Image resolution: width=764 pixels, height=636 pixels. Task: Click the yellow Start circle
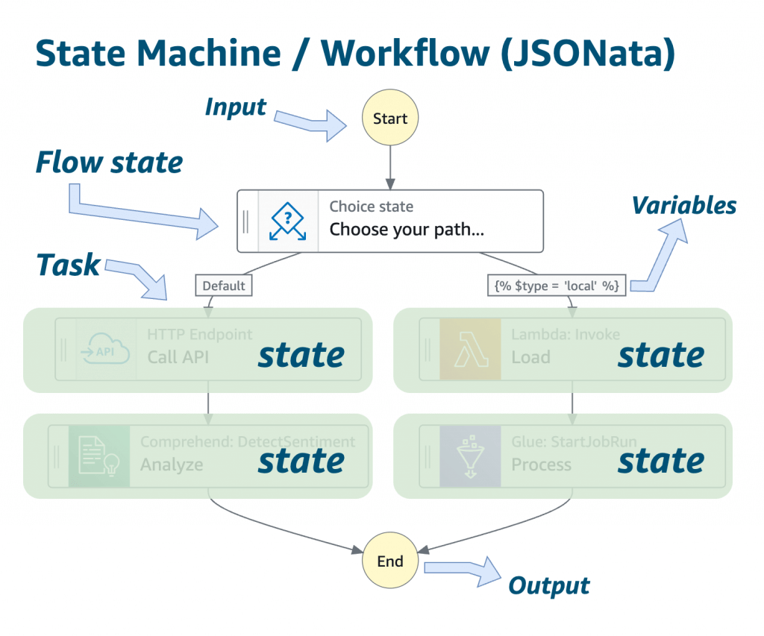click(389, 117)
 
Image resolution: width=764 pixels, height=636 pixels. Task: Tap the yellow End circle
click(389, 560)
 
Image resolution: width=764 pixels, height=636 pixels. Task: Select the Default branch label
click(224, 286)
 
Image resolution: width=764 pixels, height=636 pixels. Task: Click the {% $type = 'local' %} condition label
click(557, 286)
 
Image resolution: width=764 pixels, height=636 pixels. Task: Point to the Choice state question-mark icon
click(287, 221)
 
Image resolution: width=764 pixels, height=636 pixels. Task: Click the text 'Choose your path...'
click(407, 230)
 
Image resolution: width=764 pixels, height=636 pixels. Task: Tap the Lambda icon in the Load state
click(470, 349)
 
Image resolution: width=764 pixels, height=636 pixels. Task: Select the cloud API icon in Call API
click(106, 349)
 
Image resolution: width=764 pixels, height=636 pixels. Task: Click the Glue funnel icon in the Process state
click(470, 456)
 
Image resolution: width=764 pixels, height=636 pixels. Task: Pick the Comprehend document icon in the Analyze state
click(99, 456)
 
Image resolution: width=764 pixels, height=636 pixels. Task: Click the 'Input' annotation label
click(236, 107)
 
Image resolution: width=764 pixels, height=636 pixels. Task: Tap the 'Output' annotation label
click(549, 586)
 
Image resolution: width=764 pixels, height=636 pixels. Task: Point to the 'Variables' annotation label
click(684, 205)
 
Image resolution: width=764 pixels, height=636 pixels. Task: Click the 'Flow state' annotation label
click(109, 162)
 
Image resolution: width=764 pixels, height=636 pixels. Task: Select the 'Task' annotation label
click(68, 265)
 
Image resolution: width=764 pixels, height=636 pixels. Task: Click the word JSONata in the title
click(588, 53)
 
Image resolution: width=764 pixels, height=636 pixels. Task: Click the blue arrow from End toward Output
click(463, 570)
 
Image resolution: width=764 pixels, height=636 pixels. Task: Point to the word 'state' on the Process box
click(661, 462)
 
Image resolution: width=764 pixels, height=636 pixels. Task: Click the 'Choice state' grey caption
click(372, 207)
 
